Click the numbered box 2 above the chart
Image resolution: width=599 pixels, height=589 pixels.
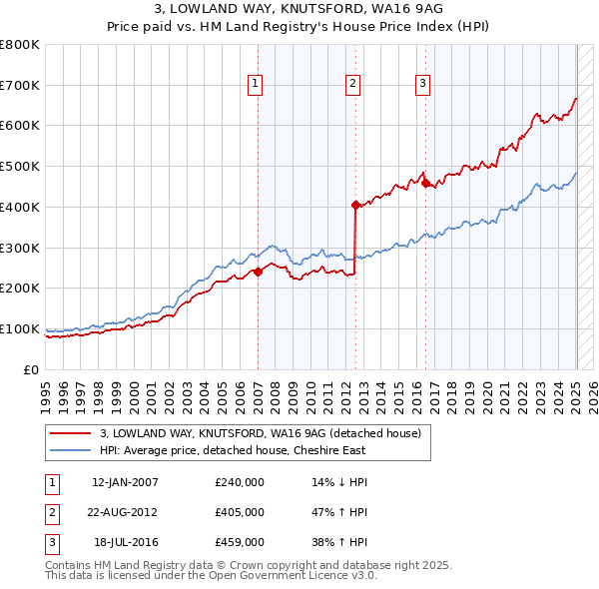[353, 85]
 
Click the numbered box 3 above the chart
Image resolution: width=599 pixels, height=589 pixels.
[422, 85]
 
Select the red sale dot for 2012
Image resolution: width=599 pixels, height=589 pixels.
[355, 205]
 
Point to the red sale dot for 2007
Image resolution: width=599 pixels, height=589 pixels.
[258, 271]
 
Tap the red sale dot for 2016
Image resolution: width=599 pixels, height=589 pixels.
[424, 183]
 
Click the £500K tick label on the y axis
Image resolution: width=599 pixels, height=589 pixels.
[20, 166]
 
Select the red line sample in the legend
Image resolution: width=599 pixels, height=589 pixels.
[71, 434]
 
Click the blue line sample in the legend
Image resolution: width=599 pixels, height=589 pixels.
[71, 450]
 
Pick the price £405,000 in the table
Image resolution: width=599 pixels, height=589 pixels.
[240, 512]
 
